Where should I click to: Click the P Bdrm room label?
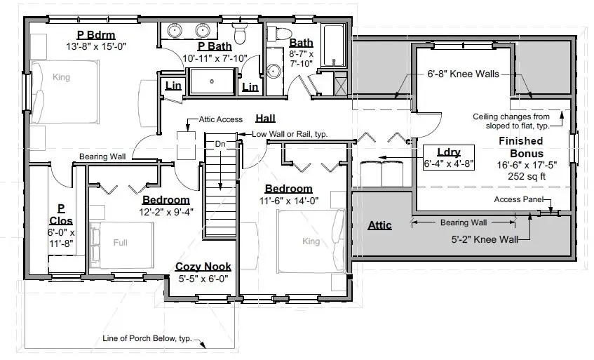[x=95, y=36]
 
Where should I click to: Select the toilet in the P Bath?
[x=240, y=32]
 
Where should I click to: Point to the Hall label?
[x=265, y=117]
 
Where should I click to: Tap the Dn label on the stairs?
[x=220, y=144]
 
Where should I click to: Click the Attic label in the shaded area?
[x=379, y=225]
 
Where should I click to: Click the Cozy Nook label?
[x=203, y=267]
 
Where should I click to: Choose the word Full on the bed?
[x=121, y=243]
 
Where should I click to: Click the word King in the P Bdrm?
[x=62, y=77]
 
